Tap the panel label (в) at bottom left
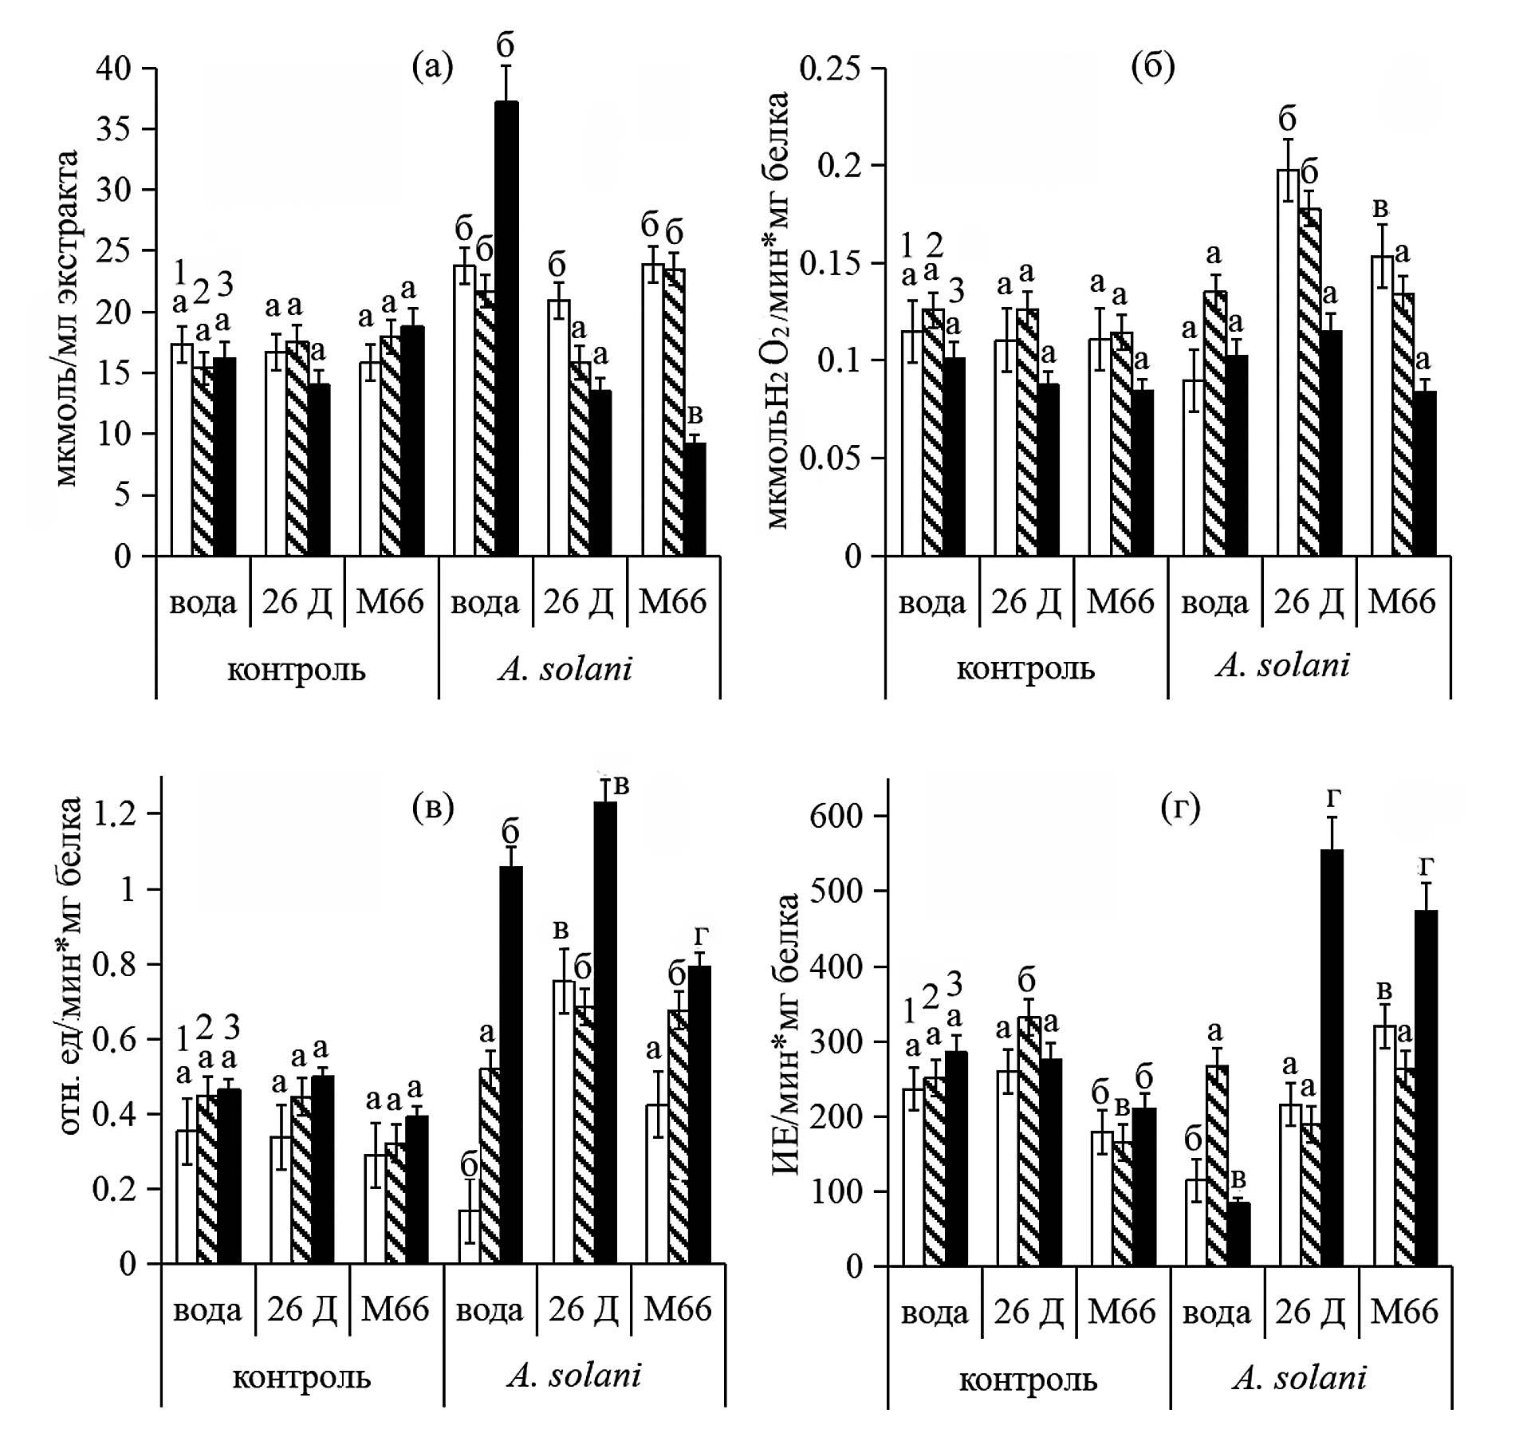point(433,809)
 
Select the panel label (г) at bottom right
point(1180,809)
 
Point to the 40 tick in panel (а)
point(113,69)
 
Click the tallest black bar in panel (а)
point(506,327)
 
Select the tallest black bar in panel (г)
point(1332,1057)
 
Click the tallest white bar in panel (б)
point(1289,363)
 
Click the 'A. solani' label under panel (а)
point(565,669)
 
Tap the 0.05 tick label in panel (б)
point(830,459)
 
